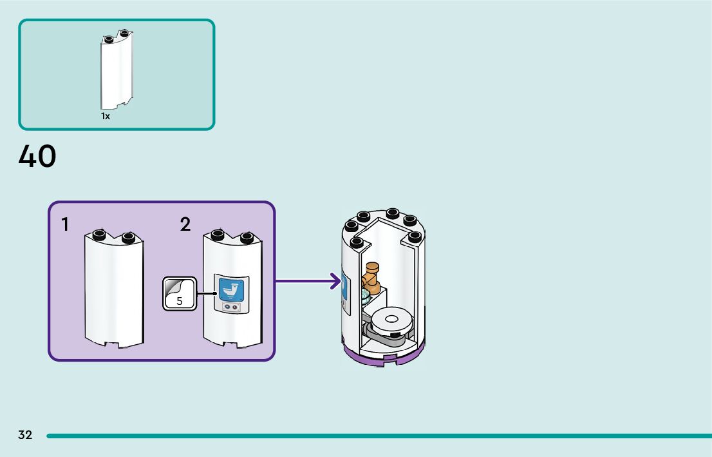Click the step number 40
(37, 156)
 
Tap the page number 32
(26, 434)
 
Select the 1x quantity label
(106, 117)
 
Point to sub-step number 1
(66, 224)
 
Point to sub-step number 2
(185, 224)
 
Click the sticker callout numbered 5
(180, 294)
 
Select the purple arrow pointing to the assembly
(308, 281)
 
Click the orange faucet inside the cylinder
(371, 277)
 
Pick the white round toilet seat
(391, 320)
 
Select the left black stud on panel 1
(99, 235)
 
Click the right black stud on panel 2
(247, 237)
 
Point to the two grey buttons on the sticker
(231, 307)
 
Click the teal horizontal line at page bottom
(379, 436)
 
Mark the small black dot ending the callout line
(215, 293)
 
